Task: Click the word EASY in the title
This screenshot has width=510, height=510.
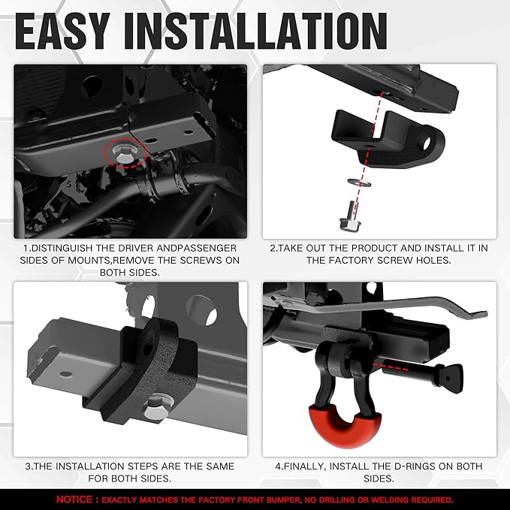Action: point(62,32)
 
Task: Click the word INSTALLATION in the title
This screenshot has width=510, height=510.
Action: point(255,32)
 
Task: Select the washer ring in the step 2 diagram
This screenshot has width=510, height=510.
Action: point(360,183)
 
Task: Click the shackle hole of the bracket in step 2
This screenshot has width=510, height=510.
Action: point(426,142)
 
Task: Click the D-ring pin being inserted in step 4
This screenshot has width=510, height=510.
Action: point(423,374)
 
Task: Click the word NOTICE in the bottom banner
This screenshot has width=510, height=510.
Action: point(74,499)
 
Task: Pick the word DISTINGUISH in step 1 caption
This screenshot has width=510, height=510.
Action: point(62,248)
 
